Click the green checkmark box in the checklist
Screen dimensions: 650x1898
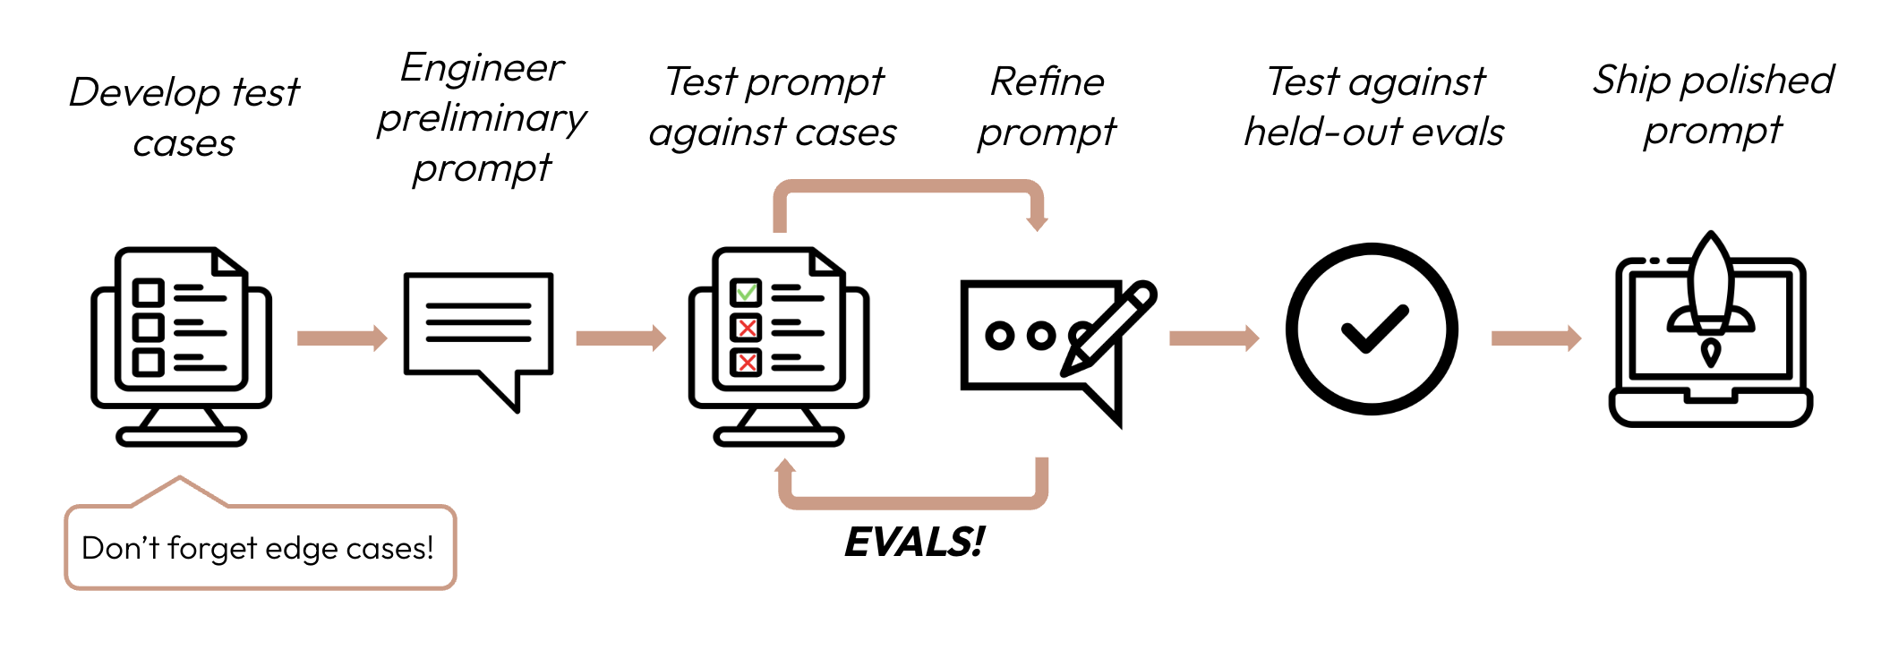(x=746, y=293)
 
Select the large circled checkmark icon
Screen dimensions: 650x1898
(x=1372, y=329)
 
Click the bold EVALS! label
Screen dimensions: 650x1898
(x=914, y=543)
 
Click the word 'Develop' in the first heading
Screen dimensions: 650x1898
(x=144, y=92)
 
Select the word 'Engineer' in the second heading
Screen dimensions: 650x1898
(x=482, y=68)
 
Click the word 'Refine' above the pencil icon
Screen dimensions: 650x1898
(x=1047, y=82)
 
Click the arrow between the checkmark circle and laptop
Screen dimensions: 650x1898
(x=1535, y=338)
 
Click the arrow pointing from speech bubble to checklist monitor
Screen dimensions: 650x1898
(x=620, y=338)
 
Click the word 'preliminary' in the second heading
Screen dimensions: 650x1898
(x=482, y=119)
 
